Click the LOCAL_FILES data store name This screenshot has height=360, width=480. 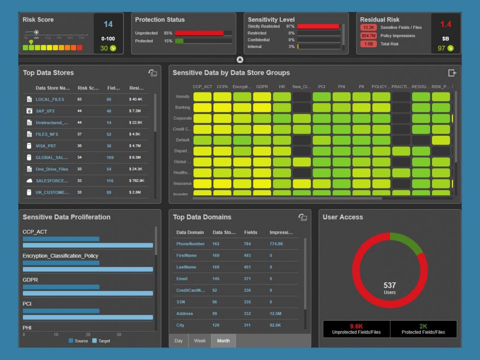(50, 99)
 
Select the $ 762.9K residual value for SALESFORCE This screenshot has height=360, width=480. (136, 181)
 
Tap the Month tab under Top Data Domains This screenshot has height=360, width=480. (223, 341)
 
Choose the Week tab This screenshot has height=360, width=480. (200, 341)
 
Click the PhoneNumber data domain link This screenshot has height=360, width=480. (190, 244)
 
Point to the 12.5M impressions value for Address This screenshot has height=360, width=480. (276, 314)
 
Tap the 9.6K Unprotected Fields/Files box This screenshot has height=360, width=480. (356, 329)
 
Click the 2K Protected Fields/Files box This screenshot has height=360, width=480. (423, 329)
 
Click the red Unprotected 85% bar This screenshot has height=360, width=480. (199, 33)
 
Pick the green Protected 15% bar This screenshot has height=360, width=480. (179, 41)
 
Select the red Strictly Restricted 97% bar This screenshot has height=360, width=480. (318, 26)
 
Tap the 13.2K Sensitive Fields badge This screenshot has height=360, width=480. (368, 28)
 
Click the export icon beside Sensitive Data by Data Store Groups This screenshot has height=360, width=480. (452, 73)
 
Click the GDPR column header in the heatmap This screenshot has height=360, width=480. (262, 87)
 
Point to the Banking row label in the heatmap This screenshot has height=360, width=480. (182, 108)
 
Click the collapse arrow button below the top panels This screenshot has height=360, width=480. (240, 60)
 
